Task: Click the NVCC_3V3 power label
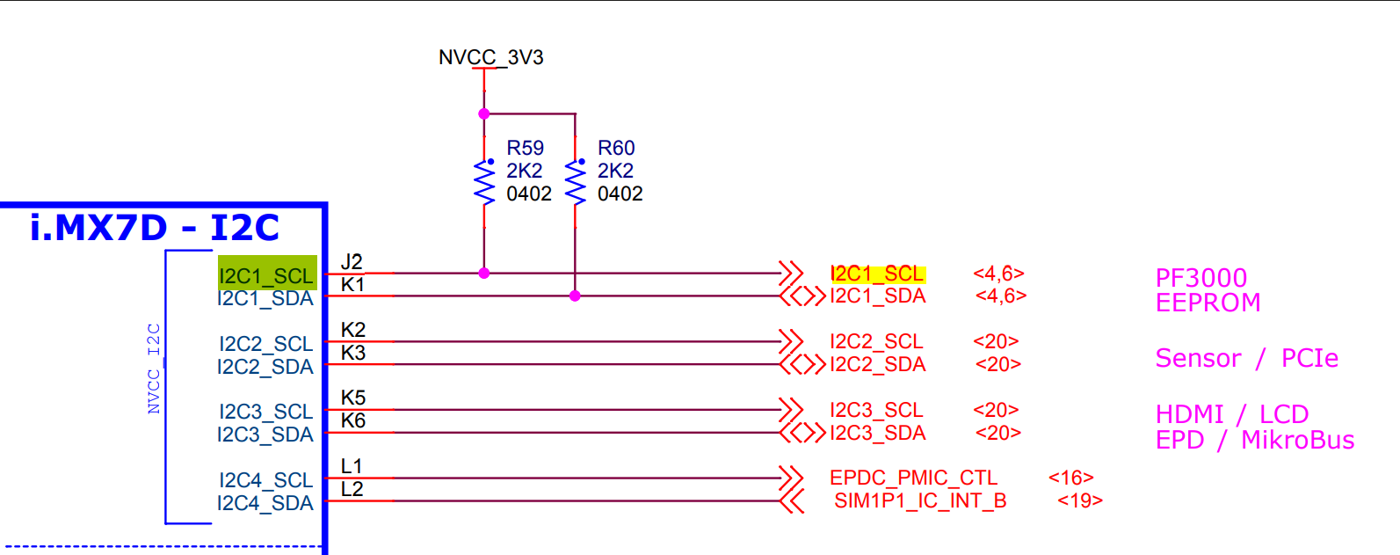490,58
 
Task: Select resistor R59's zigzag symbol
484,183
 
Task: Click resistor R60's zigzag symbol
576,183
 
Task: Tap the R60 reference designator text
616,148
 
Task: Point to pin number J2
352,262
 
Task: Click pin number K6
352,421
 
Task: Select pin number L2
352,490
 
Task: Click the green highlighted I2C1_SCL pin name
266,275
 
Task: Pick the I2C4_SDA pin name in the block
265,503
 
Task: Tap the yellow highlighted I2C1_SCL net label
877,274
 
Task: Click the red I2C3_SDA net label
877,433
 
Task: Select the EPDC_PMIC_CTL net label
913,478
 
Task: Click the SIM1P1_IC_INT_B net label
919,500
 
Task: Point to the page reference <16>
1070,478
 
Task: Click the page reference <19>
1079,500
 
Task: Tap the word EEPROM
1208,303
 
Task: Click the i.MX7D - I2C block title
155,228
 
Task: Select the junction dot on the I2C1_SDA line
575,296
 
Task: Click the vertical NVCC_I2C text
154,369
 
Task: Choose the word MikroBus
1297,440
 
